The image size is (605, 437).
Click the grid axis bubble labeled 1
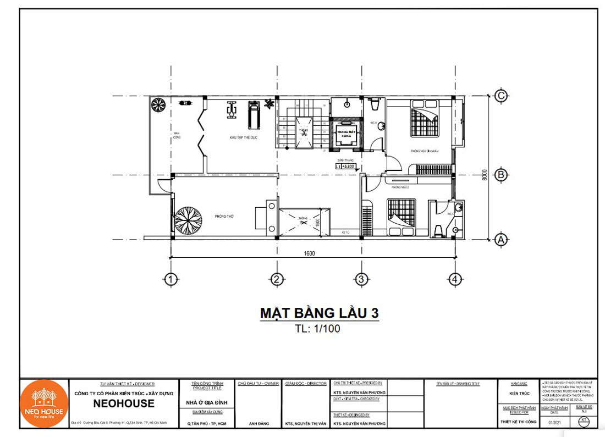click(x=171, y=279)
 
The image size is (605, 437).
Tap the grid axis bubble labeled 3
click(x=360, y=279)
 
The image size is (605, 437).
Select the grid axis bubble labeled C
click(x=500, y=96)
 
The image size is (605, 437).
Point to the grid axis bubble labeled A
click(x=500, y=239)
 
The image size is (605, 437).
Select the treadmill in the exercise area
click(x=253, y=113)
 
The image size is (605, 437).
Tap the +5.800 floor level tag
click(x=347, y=165)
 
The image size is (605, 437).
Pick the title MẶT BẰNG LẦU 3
click(x=319, y=313)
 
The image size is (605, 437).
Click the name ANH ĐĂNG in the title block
click(x=257, y=423)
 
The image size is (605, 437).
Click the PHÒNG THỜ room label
click(x=224, y=217)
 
